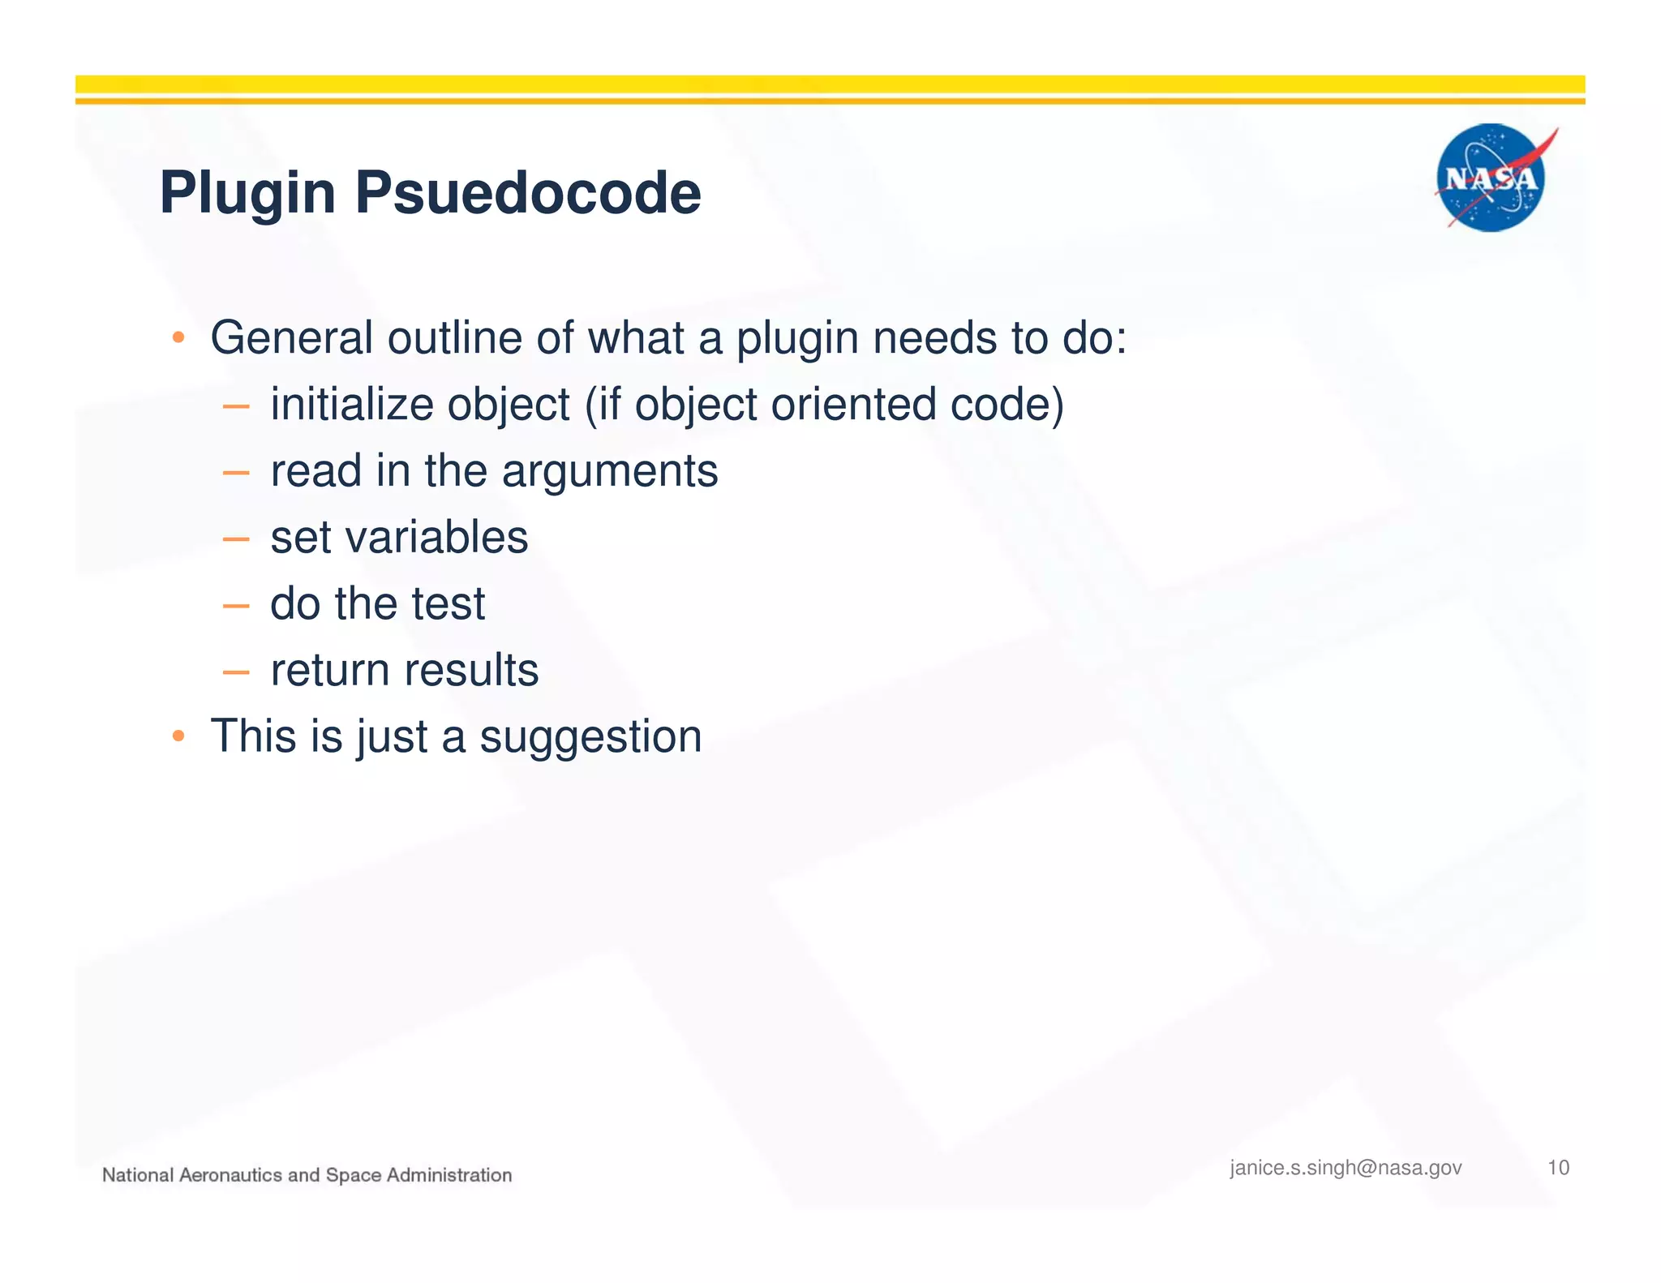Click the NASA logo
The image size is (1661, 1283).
[x=1491, y=178]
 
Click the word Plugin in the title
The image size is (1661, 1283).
[x=247, y=193]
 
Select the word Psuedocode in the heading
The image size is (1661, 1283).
[x=528, y=193]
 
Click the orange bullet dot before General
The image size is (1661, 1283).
[x=179, y=337]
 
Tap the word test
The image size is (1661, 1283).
[x=448, y=603]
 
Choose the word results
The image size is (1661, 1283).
[x=471, y=670]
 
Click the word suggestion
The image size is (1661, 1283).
[x=590, y=737]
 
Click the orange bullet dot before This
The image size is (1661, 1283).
[x=179, y=736]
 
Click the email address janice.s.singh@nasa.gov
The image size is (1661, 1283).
[x=1346, y=1168]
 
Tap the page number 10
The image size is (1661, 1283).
[x=1558, y=1168]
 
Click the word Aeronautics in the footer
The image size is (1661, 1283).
[x=230, y=1175]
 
